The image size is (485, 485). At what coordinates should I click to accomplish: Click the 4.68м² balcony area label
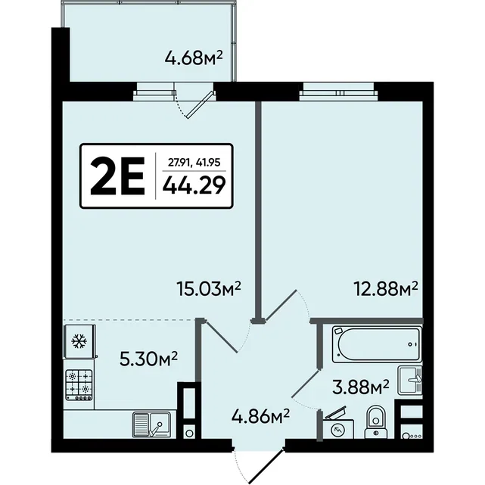(x=194, y=58)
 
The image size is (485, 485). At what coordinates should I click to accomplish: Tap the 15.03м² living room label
(x=209, y=289)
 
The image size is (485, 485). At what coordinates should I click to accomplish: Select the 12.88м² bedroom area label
(x=387, y=289)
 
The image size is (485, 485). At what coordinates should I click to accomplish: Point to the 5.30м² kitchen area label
(x=148, y=360)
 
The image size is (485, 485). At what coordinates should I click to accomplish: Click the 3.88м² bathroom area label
(x=361, y=387)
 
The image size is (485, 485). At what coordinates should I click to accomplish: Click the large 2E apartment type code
(x=117, y=176)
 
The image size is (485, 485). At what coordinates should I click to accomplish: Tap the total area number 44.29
(x=194, y=185)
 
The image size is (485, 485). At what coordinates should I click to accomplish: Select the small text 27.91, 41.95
(x=194, y=162)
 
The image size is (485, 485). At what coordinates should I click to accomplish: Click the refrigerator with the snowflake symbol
(x=79, y=341)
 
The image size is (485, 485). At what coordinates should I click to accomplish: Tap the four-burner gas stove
(x=79, y=385)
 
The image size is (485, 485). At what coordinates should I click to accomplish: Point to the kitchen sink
(x=152, y=424)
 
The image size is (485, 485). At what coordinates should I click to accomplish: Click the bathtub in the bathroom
(x=377, y=344)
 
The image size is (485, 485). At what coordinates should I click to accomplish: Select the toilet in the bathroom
(x=376, y=422)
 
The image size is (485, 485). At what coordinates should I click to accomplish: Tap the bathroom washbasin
(x=410, y=380)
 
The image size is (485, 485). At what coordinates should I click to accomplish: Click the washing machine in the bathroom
(x=338, y=428)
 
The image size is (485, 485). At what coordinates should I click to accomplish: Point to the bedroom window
(x=339, y=92)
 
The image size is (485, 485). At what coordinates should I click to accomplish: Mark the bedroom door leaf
(x=281, y=305)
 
